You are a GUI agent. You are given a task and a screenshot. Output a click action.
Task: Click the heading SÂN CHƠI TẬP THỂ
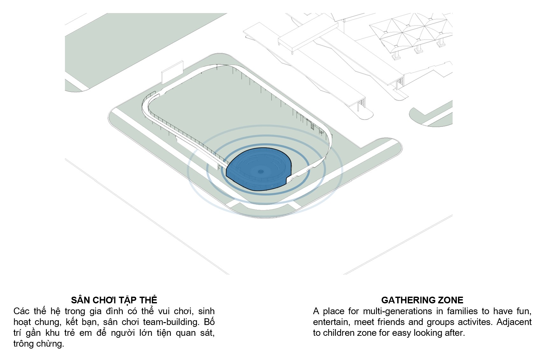(114, 300)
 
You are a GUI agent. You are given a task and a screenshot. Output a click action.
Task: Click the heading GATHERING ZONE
(422, 300)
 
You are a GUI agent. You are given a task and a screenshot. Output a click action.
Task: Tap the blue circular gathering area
(259, 169)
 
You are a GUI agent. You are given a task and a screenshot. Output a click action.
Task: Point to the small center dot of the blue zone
(261, 172)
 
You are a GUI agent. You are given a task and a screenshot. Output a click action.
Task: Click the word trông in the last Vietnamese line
(23, 344)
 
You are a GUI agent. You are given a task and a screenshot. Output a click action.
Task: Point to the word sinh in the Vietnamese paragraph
(206, 311)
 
